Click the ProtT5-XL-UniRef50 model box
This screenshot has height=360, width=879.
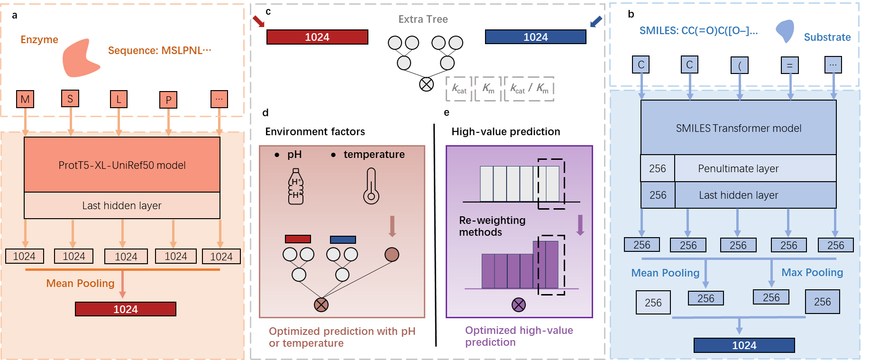click(x=122, y=165)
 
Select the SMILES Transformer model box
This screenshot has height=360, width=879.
click(x=738, y=128)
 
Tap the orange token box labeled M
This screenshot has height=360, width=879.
click(x=25, y=99)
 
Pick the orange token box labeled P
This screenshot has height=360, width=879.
click(x=168, y=100)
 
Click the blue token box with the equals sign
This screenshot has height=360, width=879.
click(x=789, y=65)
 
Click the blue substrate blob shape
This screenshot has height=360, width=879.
click(x=785, y=31)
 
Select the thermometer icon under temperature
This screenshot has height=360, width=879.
click(x=371, y=186)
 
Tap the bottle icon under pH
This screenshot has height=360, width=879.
click(x=296, y=187)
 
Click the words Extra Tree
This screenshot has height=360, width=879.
click(x=423, y=19)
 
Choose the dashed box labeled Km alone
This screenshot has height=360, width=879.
click(x=488, y=89)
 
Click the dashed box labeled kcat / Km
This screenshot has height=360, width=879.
click(x=529, y=89)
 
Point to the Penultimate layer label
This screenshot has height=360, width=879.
click(x=738, y=168)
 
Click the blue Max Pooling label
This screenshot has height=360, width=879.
click(x=812, y=273)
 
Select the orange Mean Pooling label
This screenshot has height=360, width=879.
click(x=80, y=284)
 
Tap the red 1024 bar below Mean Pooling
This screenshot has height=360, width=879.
click(x=126, y=309)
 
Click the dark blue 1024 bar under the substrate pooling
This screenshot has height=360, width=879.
click(x=744, y=345)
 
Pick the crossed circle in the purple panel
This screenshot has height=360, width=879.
click(x=519, y=305)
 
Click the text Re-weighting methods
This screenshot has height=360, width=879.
click(x=492, y=226)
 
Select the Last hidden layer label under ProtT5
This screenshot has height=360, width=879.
click(x=122, y=205)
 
